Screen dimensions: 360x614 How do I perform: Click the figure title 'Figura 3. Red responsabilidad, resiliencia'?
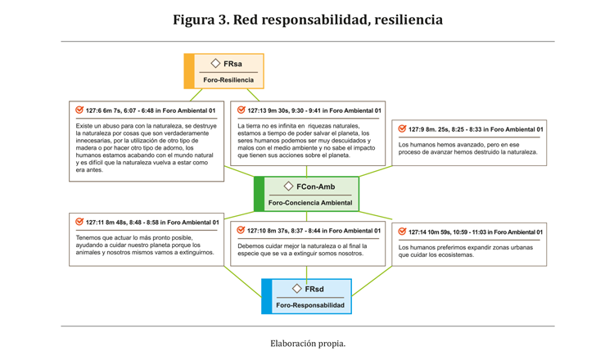point(307,20)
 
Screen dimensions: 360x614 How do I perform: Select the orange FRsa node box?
point(224,71)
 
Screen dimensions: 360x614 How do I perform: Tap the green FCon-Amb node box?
point(307,194)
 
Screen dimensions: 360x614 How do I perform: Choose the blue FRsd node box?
point(307,296)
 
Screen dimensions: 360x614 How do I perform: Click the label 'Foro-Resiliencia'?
point(228,80)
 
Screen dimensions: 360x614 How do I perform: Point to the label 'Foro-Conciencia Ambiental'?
point(310,203)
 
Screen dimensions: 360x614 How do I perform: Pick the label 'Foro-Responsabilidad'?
point(311,305)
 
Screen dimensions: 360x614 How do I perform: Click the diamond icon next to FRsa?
point(215,63)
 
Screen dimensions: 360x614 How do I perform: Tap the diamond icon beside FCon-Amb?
point(288,187)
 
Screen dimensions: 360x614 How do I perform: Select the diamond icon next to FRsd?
point(296,289)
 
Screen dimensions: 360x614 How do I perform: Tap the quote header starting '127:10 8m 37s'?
point(314,231)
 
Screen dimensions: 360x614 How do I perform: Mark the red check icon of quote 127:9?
point(402,128)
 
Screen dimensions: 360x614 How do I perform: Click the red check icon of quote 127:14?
point(402,232)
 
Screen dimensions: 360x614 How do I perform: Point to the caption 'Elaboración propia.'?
point(308,344)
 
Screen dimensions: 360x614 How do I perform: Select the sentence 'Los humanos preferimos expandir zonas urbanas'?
point(466,247)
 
